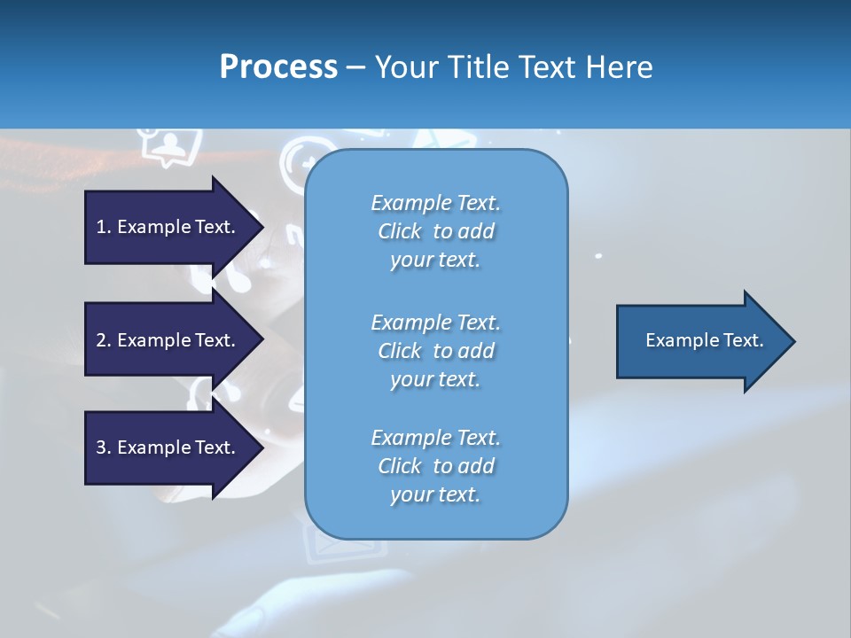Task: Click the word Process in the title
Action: pos(278,66)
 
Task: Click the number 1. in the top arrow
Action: pos(104,227)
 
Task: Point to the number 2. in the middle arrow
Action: pos(104,340)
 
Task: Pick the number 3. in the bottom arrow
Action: pos(104,447)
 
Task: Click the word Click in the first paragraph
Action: pos(399,231)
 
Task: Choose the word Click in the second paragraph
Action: pos(399,351)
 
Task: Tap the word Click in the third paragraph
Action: pos(399,466)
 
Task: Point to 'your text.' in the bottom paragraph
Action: pos(435,494)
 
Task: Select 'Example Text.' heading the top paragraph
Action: pos(435,203)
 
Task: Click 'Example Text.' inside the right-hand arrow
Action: pos(705,340)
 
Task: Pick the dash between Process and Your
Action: pos(355,67)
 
